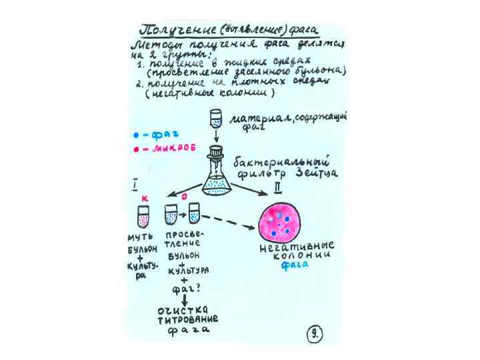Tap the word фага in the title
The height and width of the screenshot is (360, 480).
click(x=303, y=31)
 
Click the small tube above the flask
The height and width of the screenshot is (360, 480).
click(x=216, y=119)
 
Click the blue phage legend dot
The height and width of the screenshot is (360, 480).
click(x=135, y=136)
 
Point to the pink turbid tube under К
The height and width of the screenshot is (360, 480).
click(x=143, y=217)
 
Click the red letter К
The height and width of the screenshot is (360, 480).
click(x=145, y=199)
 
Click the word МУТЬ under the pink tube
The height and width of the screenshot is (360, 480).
click(x=141, y=237)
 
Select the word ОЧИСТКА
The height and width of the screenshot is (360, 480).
click(x=183, y=310)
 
